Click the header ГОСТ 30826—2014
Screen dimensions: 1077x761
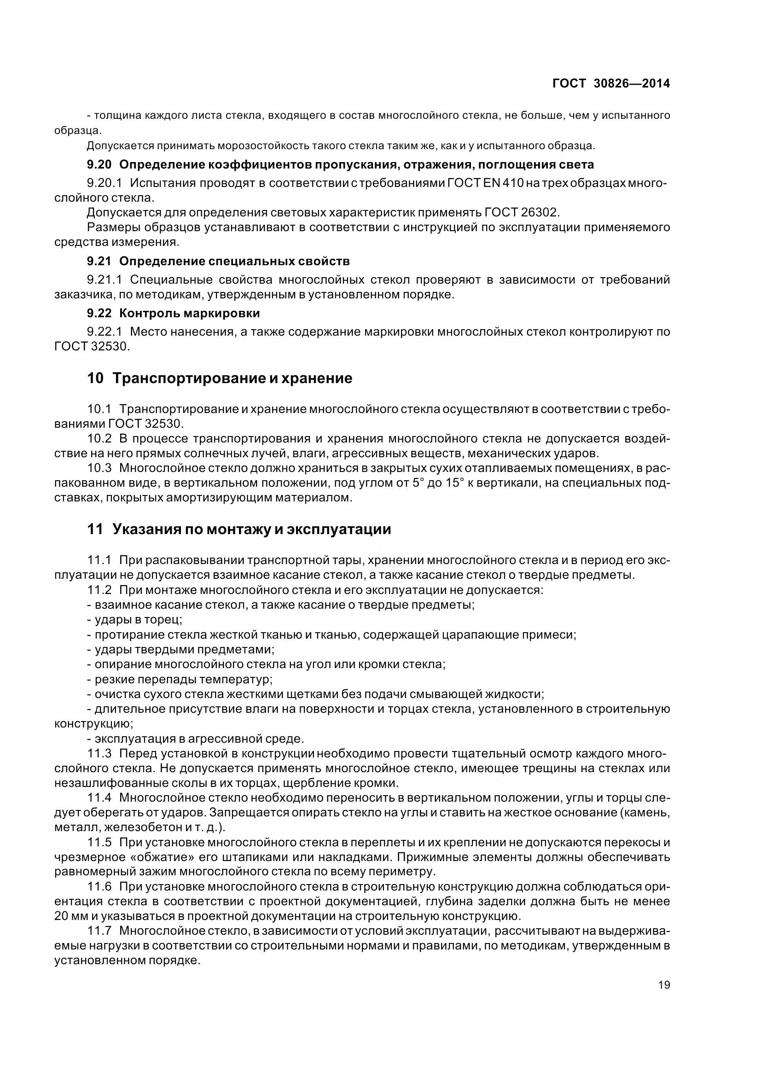[611, 83]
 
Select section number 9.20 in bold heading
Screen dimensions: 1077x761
[99, 165]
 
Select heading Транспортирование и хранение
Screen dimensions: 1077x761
[232, 378]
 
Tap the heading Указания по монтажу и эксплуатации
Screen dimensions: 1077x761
[251, 530]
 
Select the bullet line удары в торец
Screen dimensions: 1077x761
[138, 619]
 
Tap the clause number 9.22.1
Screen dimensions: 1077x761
[104, 332]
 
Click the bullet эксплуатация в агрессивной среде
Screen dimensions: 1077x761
[199, 739]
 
